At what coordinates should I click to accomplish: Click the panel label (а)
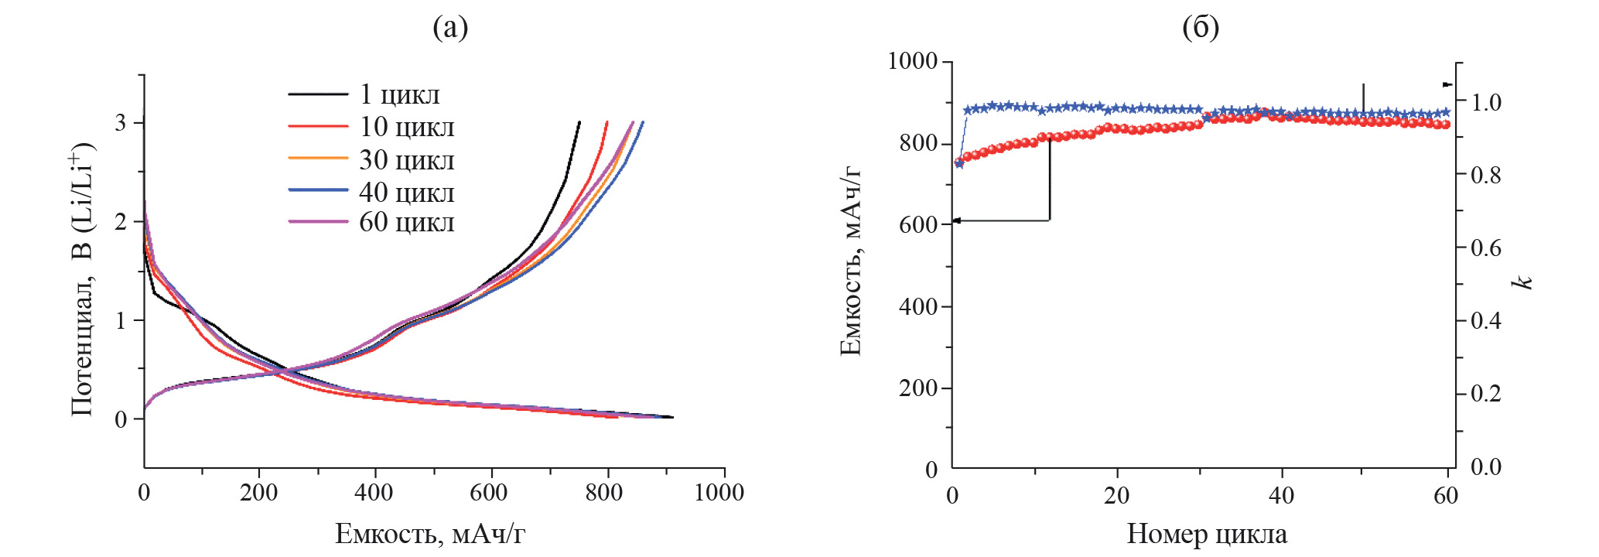450,28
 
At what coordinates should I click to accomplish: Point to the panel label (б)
1201,28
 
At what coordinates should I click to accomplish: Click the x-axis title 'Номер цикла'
1207,534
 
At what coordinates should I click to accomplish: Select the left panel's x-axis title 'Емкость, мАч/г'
430,534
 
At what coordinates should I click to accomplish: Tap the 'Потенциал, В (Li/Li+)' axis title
82,278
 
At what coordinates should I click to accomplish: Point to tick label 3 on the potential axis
121,124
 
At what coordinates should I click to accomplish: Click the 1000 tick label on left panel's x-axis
719,493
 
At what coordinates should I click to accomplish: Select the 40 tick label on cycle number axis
1281,495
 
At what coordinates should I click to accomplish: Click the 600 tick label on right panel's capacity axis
917,224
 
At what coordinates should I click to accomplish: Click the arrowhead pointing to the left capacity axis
956,220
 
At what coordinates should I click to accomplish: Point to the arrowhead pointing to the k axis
1448,84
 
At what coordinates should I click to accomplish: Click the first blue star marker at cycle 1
959,164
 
